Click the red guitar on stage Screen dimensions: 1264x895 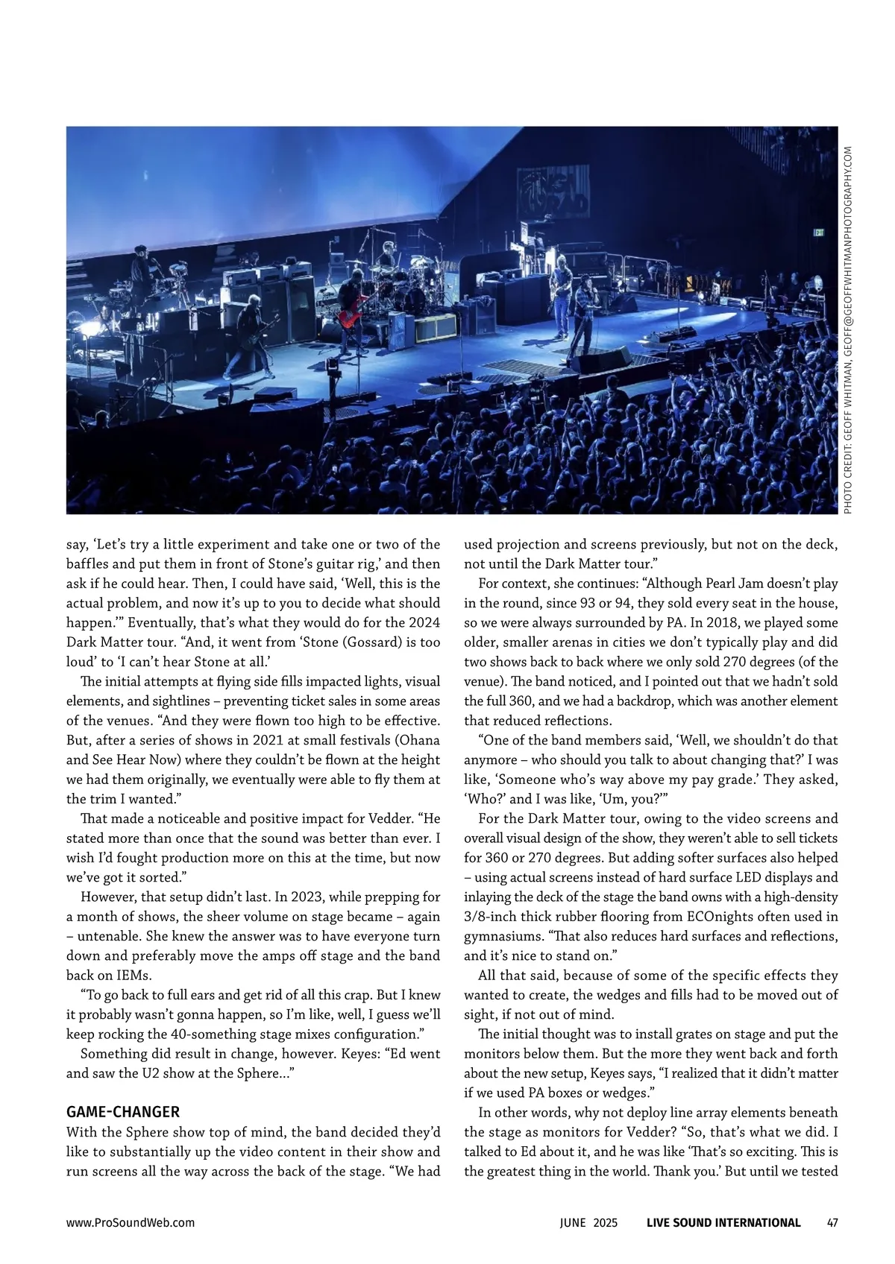tap(353, 313)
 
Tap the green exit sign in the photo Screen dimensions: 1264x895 tap(819, 233)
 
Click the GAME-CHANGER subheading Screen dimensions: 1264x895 tap(123, 1112)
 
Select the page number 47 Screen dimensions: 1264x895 tap(832, 1222)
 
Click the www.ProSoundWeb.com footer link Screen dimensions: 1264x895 tap(131, 1222)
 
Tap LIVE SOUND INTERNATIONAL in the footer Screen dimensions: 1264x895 tap(723, 1222)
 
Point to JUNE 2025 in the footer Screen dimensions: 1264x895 tap(588, 1222)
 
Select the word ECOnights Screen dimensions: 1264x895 tap(730, 917)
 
